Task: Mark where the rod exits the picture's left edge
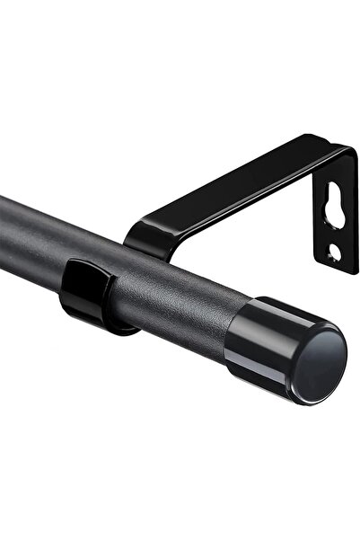pyautogui.click(x=3, y=225)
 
